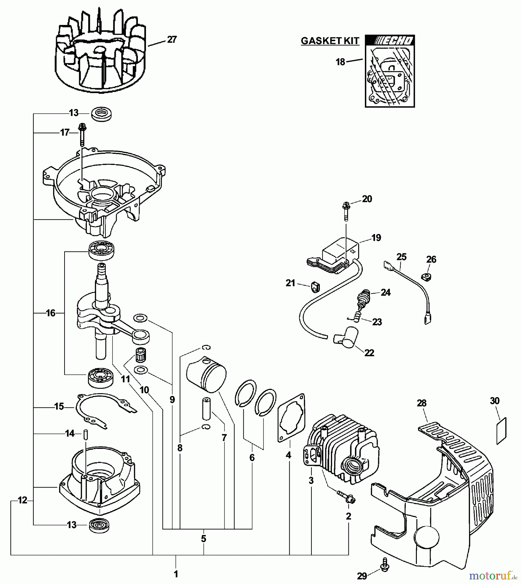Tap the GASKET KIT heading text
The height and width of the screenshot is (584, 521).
click(x=330, y=41)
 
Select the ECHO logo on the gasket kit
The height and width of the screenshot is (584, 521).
click(x=390, y=41)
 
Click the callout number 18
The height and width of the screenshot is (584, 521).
click(x=340, y=62)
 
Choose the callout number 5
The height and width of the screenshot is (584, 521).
click(x=203, y=539)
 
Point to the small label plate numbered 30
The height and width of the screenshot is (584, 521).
click(x=501, y=432)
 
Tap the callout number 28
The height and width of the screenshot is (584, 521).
click(x=421, y=403)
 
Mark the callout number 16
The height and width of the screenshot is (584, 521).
click(x=51, y=313)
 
